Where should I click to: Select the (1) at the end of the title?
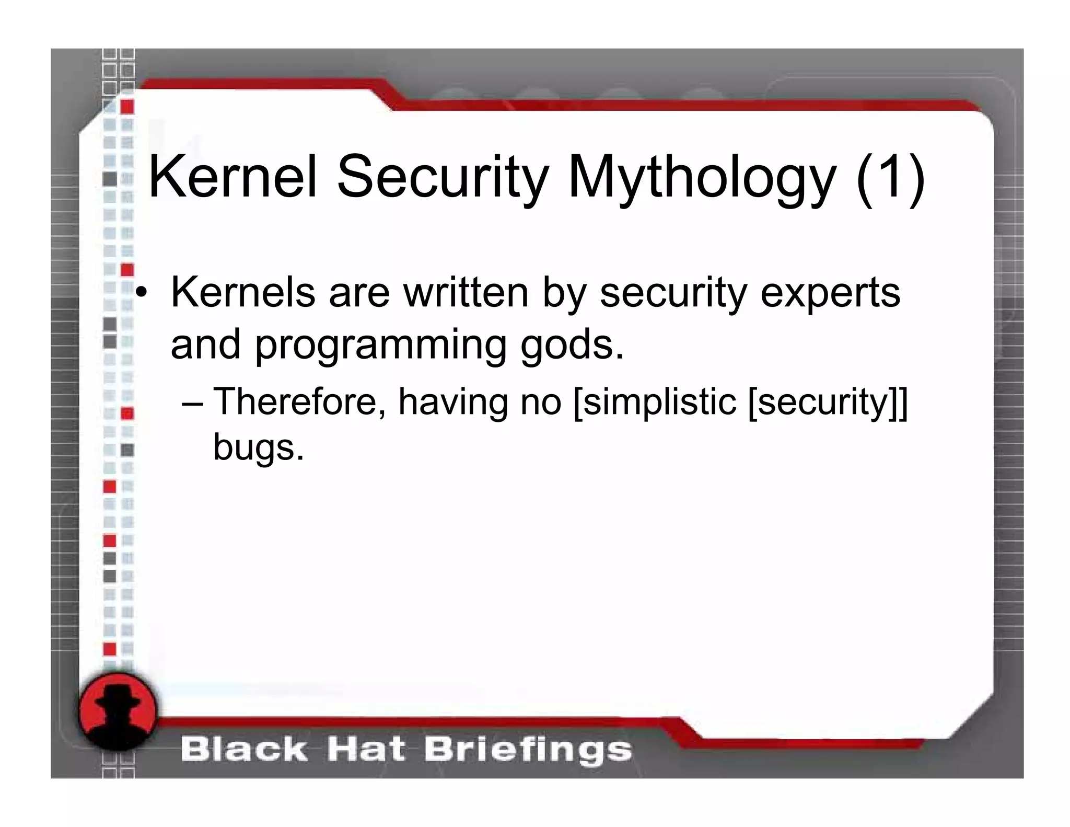(x=890, y=178)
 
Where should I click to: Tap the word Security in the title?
(x=442, y=178)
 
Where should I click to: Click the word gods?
(x=572, y=345)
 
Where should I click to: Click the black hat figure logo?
(x=118, y=711)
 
